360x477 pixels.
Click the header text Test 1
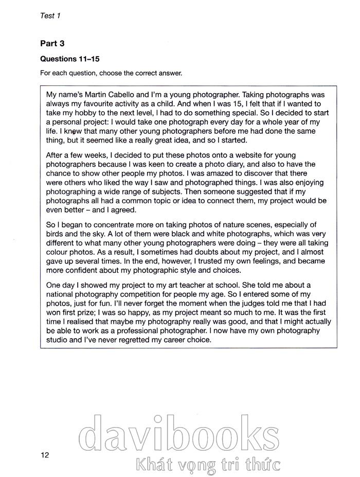50,15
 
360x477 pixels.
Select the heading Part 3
52,44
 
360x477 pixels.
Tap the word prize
98,313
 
